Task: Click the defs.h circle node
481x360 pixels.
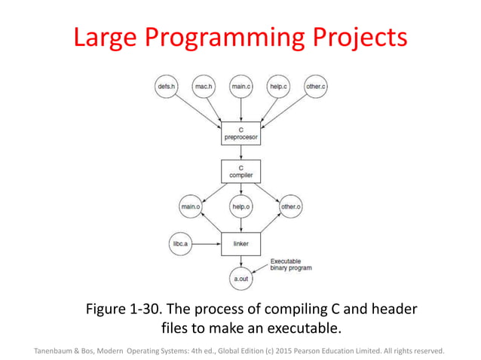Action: pyautogui.click(x=166, y=87)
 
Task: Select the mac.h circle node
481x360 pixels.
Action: pyautogui.click(x=204, y=87)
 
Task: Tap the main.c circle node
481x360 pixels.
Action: pyautogui.click(x=240, y=87)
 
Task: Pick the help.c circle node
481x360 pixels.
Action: pyautogui.click(x=279, y=87)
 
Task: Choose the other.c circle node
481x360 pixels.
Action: pyautogui.click(x=316, y=87)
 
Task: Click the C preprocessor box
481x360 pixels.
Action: pyautogui.click(x=240, y=134)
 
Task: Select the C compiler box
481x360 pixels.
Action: pyautogui.click(x=240, y=172)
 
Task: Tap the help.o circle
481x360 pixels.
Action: pyautogui.click(x=240, y=206)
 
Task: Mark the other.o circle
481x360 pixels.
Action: pyautogui.click(x=290, y=206)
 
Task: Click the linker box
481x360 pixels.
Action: pyautogui.click(x=240, y=244)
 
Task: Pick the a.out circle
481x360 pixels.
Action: pyautogui.click(x=240, y=279)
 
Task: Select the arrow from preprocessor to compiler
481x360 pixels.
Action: pyautogui.click(x=240, y=153)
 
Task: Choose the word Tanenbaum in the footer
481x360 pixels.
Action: pyautogui.click(x=57, y=350)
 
